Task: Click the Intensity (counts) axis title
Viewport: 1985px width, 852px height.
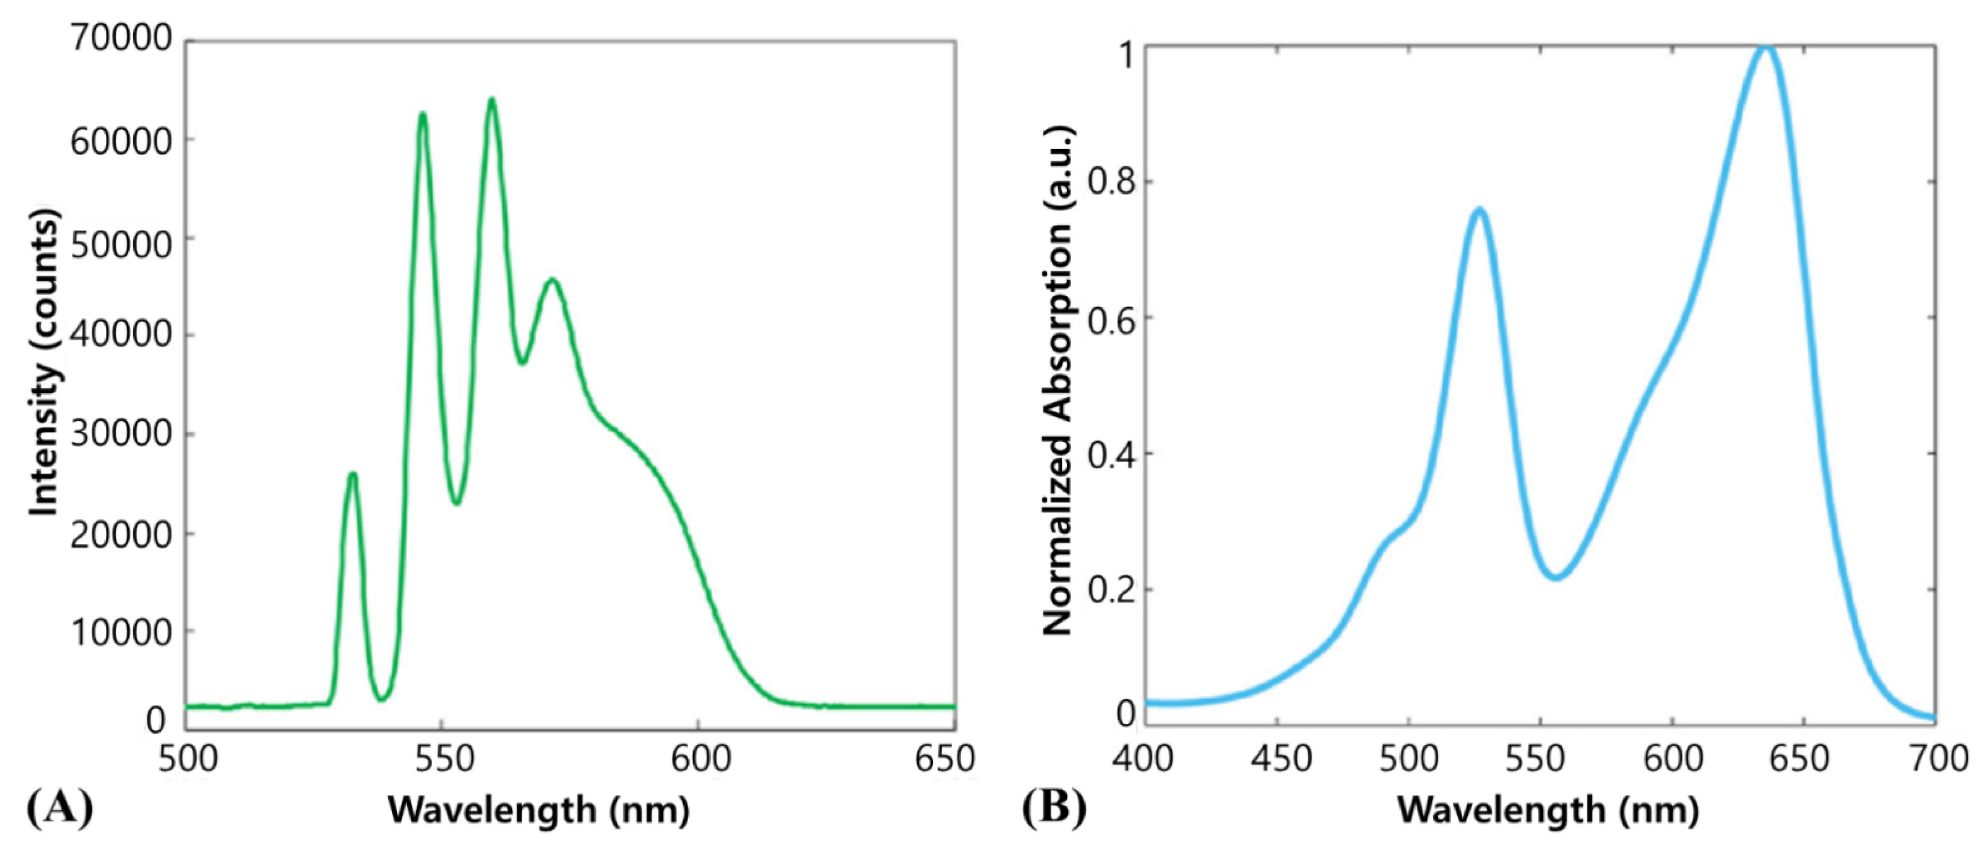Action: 45,362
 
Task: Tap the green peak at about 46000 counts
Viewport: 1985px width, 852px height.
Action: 552,280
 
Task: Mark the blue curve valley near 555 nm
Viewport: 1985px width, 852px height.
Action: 1557,577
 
